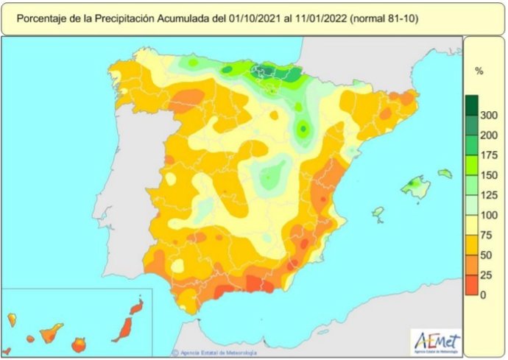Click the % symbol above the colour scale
[x=479, y=71]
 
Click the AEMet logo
[x=437, y=341]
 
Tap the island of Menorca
[x=444, y=174]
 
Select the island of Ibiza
[x=378, y=214]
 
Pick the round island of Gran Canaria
[x=78, y=344]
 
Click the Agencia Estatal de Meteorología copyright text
[x=214, y=352]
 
